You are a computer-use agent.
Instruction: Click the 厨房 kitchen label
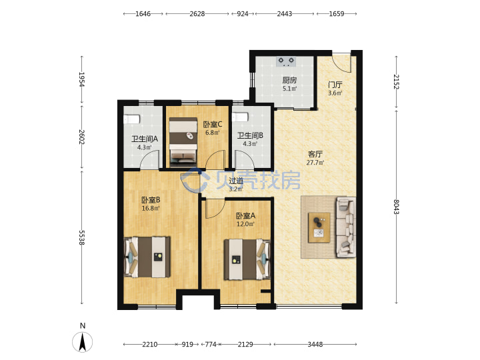(289, 80)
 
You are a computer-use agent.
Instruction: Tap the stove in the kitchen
(286, 61)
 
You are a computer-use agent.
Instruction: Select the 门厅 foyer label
(335, 85)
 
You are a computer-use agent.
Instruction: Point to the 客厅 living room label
(315, 154)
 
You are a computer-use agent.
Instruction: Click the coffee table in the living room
(319, 227)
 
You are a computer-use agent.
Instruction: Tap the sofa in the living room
(346, 227)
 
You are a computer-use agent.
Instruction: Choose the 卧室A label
(245, 216)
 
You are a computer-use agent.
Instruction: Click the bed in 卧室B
(147, 257)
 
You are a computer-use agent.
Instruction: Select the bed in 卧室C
(183, 142)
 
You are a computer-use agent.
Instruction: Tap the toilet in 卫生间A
(132, 119)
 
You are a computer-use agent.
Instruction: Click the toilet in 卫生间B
(240, 117)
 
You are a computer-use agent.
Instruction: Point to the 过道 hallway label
(236, 181)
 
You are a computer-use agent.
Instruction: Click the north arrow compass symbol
(83, 341)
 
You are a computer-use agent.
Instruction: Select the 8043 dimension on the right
(396, 207)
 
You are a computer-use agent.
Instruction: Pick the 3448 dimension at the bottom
(315, 345)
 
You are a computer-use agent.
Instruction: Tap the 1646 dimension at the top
(143, 14)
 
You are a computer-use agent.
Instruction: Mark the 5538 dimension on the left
(81, 237)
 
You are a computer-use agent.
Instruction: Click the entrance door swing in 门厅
(342, 63)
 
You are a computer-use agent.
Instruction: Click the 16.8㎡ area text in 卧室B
(151, 209)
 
